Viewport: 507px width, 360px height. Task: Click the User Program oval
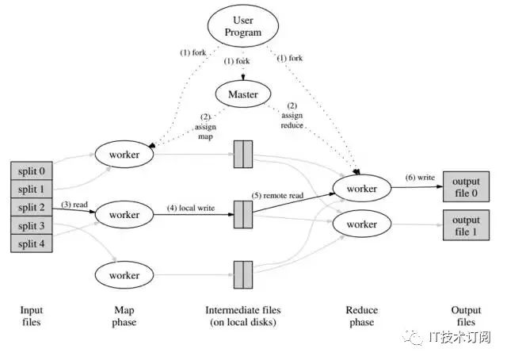pos(243,26)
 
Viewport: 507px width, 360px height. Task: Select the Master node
pos(243,94)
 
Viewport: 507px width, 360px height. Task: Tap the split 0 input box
pos(32,171)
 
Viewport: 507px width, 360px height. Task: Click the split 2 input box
pos(32,207)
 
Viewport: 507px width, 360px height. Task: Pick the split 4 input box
pos(32,243)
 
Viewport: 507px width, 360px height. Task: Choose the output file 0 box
pos(466,187)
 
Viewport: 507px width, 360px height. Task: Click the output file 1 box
pos(466,225)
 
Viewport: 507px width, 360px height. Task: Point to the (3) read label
pos(74,205)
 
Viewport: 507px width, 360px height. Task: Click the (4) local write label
pos(191,208)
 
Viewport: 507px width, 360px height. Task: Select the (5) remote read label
pos(277,196)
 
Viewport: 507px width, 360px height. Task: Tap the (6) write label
pos(420,178)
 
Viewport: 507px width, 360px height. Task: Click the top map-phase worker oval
pos(124,155)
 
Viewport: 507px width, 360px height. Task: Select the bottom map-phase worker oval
pos(124,275)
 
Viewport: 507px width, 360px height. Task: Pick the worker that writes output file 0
pos(362,189)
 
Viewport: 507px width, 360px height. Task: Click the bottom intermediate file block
pos(243,275)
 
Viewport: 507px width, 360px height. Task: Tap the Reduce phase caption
pos(362,316)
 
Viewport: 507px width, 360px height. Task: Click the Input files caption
pos(32,316)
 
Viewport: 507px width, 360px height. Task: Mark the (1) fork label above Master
pos(237,61)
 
